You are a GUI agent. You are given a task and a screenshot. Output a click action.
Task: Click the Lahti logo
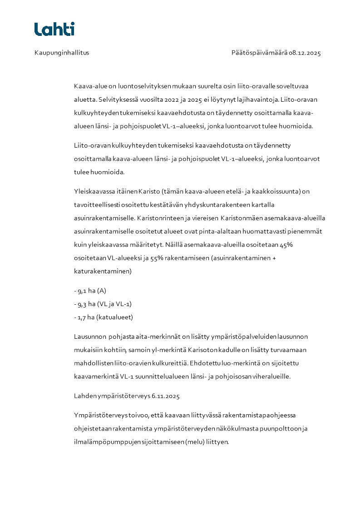tap(54, 29)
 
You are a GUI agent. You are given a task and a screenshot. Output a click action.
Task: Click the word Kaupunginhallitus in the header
tap(62, 53)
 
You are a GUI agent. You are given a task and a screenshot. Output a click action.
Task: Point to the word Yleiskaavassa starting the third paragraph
tap(91, 191)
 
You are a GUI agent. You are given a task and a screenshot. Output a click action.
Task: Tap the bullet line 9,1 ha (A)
tap(90, 291)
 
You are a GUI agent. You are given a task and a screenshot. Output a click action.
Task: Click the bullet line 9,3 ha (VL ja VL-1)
tap(103, 304)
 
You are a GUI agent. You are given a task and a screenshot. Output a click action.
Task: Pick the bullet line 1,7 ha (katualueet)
tap(103, 317)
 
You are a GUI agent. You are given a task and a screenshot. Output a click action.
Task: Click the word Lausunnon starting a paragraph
tap(90, 337)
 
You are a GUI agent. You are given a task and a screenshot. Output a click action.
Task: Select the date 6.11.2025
tap(165, 396)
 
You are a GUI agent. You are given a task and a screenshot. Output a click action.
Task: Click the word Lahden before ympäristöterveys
tap(84, 396)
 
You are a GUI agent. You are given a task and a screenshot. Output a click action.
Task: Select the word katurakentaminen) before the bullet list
tap(103, 272)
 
